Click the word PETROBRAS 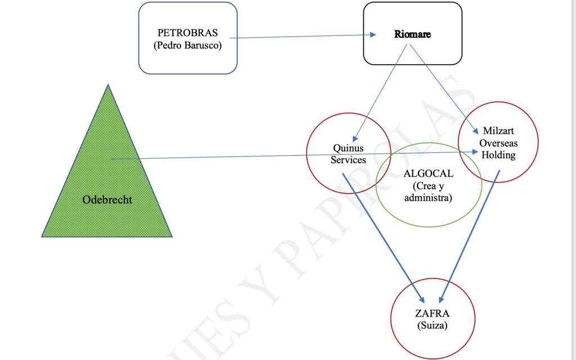pyautogui.click(x=187, y=33)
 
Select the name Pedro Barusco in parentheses pyautogui.click(x=187, y=46)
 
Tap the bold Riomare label pyautogui.click(x=412, y=34)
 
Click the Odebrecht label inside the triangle pyautogui.click(x=107, y=200)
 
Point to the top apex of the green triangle pyautogui.click(x=107, y=85)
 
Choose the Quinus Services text pyautogui.click(x=348, y=154)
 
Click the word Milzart pyautogui.click(x=498, y=131)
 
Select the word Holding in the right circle pyautogui.click(x=498, y=155)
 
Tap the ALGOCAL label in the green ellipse pyautogui.click(x=428, y=174)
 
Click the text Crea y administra pyautogui.click(x=428, y=192)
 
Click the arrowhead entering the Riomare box pyautogui.click(x=372, y=35)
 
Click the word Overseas pyautogui.click(x=498, y=143)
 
